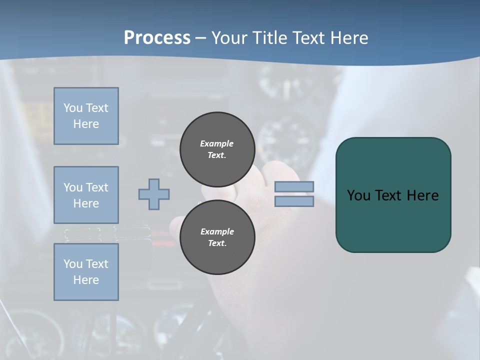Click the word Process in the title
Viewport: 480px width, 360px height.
(157, 38)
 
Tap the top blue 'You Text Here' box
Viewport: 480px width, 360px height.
(86, 116)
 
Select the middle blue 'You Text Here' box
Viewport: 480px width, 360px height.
(86, 195)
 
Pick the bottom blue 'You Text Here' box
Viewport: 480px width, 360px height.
(86, 272)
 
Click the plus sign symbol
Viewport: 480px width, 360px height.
(154, 194)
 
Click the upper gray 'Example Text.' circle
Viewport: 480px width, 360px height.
(217, 149)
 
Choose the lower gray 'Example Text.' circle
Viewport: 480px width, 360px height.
(217, 237)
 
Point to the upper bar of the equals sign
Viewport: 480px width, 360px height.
(294, 186)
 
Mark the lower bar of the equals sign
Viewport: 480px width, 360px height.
(294, 201)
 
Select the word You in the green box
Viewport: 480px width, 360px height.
(358, 195)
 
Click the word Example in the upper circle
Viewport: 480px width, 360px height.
(217, 143)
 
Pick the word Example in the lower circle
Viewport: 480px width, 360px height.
(217, 231)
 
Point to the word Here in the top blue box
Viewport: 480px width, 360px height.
(86, 124)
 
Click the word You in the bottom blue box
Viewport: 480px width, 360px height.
(72, 264)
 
